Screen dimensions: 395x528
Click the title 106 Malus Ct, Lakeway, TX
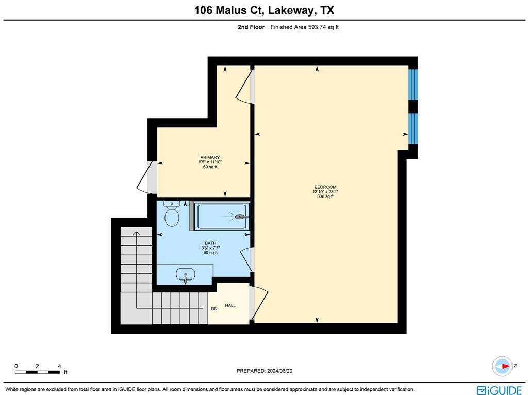263,10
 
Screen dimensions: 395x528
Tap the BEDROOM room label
325,187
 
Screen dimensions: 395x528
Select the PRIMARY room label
210,158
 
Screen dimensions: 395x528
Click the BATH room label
210,243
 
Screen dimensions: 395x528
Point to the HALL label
230,306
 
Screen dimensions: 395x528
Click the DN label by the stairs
214,309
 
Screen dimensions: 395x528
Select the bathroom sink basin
185,274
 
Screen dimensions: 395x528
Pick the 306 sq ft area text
325,196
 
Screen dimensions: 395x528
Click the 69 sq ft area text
210,167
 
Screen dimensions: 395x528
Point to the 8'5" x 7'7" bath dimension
210,248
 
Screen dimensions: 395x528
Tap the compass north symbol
502,366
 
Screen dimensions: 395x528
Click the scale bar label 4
59,366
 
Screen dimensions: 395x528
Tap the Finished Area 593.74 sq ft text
304,27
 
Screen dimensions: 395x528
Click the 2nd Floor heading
251,27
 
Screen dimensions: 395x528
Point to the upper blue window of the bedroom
413,84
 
